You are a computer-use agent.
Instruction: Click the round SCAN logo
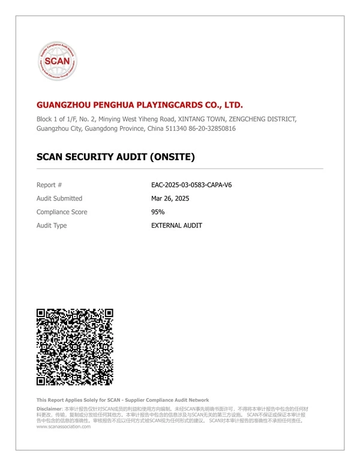(58, 61)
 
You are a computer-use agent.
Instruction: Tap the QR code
(75, 346)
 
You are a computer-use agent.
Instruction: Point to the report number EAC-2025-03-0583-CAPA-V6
(191, 185)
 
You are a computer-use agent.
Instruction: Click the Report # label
(49, 185)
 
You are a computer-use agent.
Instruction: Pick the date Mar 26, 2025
(170, 198)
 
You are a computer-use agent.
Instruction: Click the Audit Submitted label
(59, 198)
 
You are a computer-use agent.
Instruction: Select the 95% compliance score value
(158, 212)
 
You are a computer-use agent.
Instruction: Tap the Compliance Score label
(62, 212)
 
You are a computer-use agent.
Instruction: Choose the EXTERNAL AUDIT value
(176, 226)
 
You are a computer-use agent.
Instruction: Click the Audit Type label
(52, 226)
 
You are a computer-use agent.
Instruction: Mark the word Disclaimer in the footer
(49, 408)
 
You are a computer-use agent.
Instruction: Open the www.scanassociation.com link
(64, 426)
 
